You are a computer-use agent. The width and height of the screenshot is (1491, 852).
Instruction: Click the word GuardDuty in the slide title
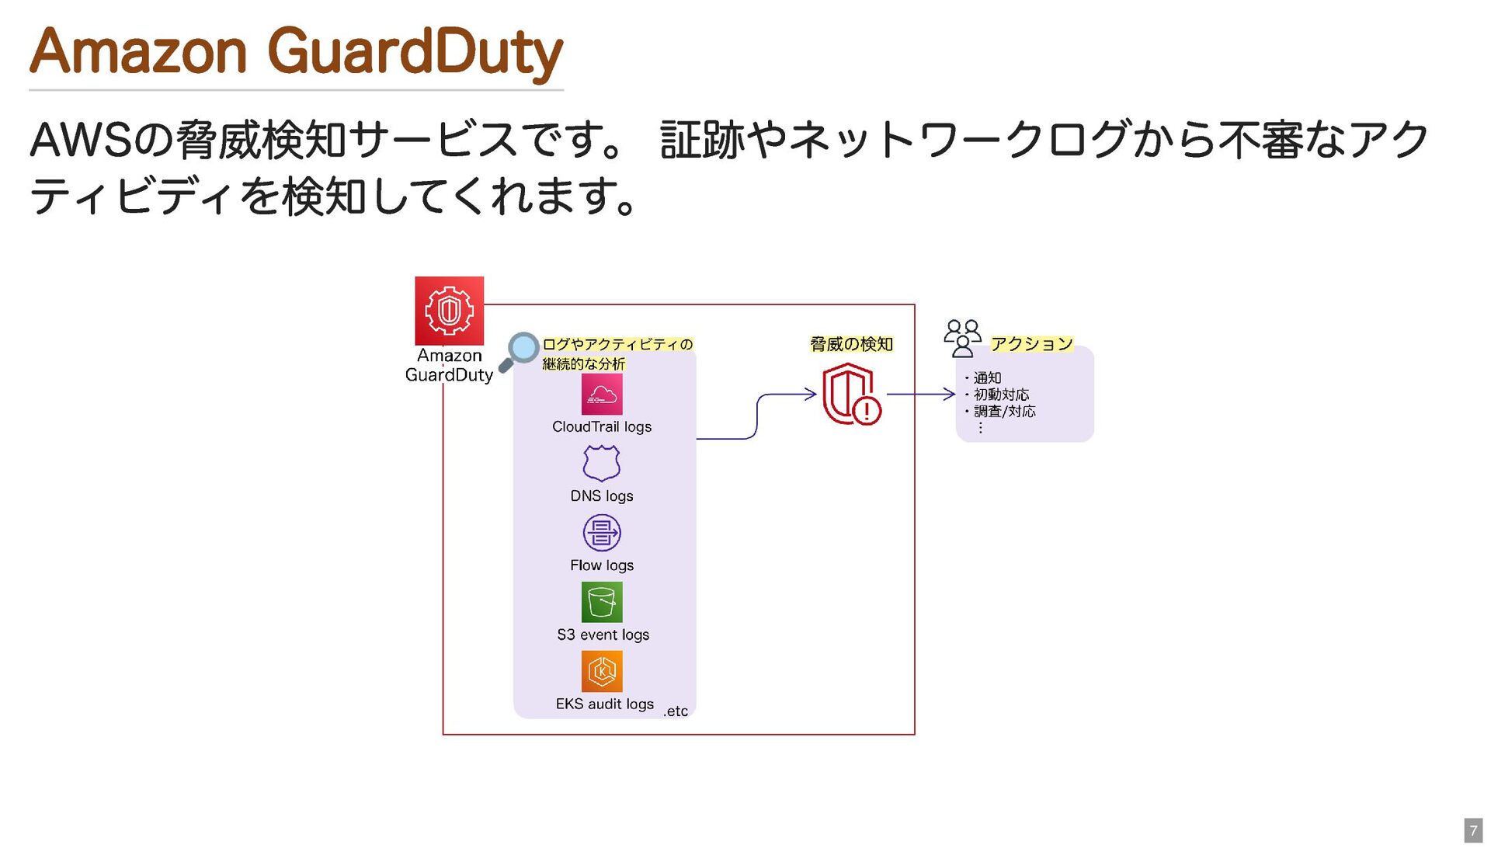pos(415,52)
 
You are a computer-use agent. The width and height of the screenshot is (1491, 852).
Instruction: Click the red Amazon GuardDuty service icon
pos(449,311)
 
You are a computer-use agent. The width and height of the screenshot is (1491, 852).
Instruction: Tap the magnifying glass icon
pos(519,352)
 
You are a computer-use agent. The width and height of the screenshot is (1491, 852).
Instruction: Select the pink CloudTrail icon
pos(602,395)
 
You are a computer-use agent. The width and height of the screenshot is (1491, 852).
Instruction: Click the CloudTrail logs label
pos(602,426)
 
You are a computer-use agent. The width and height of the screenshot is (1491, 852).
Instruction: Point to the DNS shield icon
pos(602,464)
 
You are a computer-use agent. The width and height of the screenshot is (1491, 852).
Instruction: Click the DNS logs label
pos(602,496)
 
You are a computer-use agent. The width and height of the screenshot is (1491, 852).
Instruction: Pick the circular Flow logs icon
pos(602,533)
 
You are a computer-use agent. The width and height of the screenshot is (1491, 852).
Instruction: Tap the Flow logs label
pos(602,565)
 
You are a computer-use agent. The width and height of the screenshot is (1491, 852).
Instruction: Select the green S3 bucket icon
pos(602,602)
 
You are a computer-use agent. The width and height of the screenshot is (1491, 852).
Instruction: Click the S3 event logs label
pos(603,635)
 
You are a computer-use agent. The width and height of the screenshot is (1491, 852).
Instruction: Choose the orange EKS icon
pos(602,671)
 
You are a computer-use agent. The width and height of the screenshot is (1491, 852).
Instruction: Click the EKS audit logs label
pos(605,704)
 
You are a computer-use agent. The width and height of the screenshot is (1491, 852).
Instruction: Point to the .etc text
pos(676,711)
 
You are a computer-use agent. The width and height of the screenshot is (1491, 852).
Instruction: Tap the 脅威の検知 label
pos(851,344)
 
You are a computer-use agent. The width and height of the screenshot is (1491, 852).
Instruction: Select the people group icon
pos(962,338)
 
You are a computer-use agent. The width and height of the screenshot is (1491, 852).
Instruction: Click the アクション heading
pos(1032,343)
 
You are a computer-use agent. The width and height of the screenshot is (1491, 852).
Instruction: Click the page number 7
pos(1473,830)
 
